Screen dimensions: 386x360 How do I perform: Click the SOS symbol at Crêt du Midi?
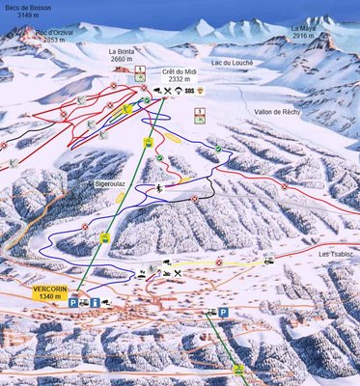(188, 92)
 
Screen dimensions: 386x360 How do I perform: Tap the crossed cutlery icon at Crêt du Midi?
(167, 92)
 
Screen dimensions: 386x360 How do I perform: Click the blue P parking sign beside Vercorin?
(72, 303)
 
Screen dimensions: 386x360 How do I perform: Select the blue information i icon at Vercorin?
(97, 303)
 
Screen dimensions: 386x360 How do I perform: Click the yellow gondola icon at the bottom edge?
(238, 370)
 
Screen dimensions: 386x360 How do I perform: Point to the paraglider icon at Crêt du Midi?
(178, 92)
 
